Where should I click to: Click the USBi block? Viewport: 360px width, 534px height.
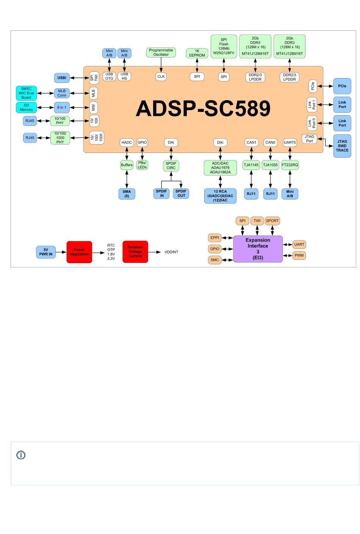[62, 78]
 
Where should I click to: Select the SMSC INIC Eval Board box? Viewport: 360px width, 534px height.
[26, 93]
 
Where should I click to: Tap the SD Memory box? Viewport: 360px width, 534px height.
[26, 107]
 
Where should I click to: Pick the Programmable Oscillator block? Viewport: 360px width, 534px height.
[161, 52]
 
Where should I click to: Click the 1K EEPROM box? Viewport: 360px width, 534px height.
[197, 53]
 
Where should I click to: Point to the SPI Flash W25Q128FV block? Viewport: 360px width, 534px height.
[224, 46]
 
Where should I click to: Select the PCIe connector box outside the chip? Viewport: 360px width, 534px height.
[342, 86]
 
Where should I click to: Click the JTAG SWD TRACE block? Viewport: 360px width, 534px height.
[342, 146]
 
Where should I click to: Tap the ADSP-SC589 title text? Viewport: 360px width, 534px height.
[203, 108]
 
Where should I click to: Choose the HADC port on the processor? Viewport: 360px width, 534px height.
[127, 143]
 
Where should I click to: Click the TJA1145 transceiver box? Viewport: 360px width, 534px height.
[251, 165]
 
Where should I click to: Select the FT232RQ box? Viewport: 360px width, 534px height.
[290, 165]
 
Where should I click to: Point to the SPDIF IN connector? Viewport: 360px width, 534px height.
[162, 193]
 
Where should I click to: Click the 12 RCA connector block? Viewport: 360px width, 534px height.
[220, 196]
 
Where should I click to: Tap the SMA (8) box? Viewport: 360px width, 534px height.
[127, 194]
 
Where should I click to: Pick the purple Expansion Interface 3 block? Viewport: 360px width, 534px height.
[258, 249]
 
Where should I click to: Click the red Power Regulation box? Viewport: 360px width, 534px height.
[79, 252]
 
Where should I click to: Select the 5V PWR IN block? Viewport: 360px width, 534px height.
[46, 252]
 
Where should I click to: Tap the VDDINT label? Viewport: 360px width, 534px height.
[171, 252]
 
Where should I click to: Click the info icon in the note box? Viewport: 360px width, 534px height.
[21, 455]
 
